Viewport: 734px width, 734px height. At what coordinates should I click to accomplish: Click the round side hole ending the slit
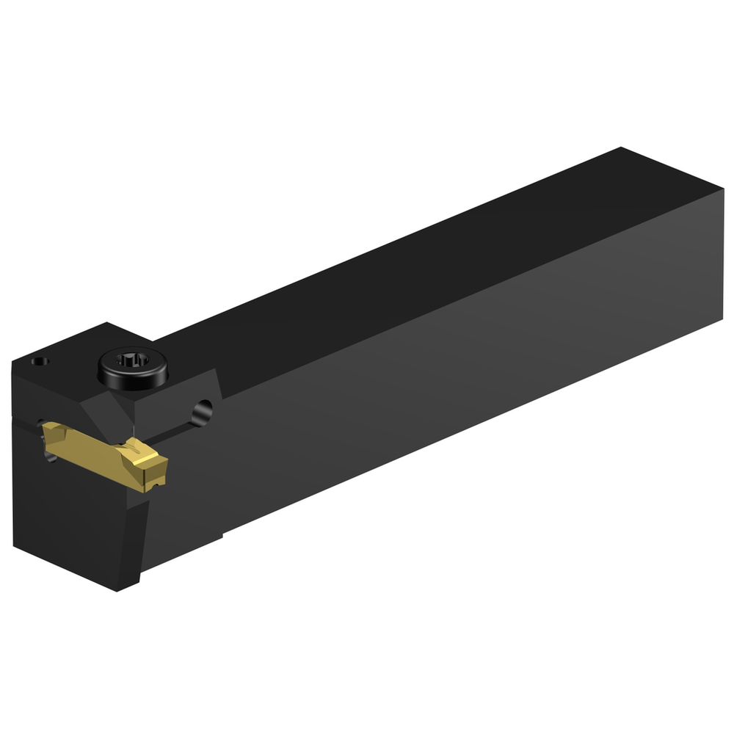(203, 412)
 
